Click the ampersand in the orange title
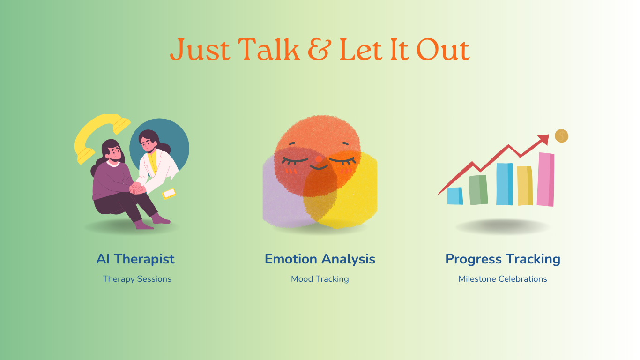(x=320, y=49)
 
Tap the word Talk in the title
(x=269, y=49)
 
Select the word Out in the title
(x=443, y=50)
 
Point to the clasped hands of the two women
(x=137, y=188)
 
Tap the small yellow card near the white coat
(x=169, y=194)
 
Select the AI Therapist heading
(x=135, y=259)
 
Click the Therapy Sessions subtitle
(x=137, y=279)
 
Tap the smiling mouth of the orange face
(x=319, y=167)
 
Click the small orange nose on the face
(x=319, y=159)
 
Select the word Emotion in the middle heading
(x=291, y=259)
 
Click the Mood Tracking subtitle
(x=320, y=279)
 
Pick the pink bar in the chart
(x=546, y=180)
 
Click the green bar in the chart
(x=478, y=190)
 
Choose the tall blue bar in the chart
(x=505, y=184)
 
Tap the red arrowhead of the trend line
(x=543, y=139)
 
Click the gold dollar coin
(x=562, y=136)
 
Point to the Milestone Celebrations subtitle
(x=503, y=279)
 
